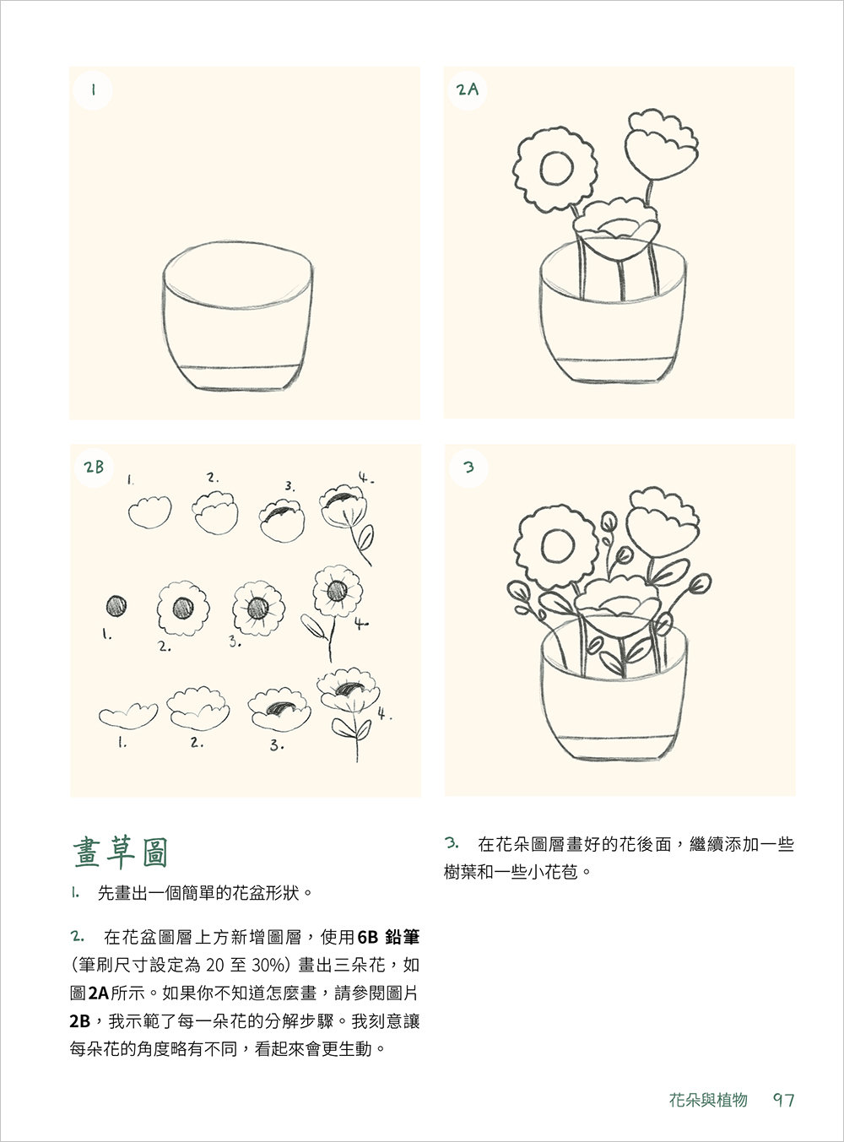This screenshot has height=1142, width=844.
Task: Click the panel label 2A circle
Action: click(x=468, y=89)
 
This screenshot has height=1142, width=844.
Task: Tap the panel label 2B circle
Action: click(x=94, y=467)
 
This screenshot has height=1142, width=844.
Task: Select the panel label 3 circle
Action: click(x=468, y=467)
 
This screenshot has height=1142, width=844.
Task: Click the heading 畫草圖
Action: click(x=120, y=852)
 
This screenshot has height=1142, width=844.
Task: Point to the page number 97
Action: click(x=783, y=1100)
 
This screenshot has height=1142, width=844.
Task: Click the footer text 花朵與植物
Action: click(x=707, y=1100)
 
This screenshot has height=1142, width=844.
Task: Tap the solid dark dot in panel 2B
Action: click(x=116, y=606)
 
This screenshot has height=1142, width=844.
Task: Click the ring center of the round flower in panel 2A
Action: click(x=556, y=168)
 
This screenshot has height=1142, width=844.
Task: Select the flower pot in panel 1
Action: click(x=238, y=317)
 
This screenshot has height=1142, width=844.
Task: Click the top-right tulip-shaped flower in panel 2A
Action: click(x=660, y=144)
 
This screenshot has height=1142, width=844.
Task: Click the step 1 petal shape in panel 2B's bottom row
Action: click(x=128, y=716)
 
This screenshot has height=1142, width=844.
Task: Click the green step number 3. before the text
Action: click(x=452, y=843)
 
